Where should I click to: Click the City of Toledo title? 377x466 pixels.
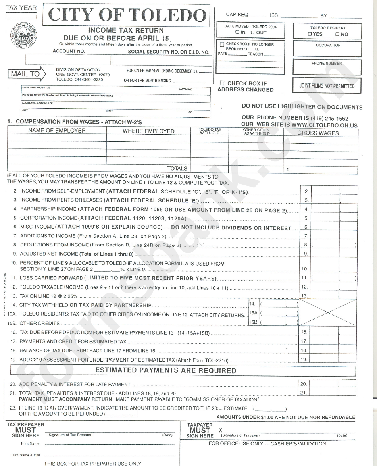click(126, 15)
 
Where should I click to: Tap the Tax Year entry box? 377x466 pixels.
click(21, 16)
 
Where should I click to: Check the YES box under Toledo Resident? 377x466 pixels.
click(310, 34)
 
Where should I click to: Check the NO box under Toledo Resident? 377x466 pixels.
click(337, 34)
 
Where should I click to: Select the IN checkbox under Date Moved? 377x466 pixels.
click(237, 32)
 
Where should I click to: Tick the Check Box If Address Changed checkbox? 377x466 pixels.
click(222, 83)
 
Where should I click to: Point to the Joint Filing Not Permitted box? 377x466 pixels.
click(327, 85)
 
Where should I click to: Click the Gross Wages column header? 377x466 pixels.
click(318, 133)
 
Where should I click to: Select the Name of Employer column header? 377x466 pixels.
click(57, 131)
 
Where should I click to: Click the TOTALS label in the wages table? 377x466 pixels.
click(177, 169)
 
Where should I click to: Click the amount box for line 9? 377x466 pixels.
click(333, 253)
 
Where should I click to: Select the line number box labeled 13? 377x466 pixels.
click(304, 296)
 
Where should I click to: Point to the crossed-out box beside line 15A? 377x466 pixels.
click(328, 313)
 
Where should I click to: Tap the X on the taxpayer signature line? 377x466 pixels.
click(221, 430)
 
